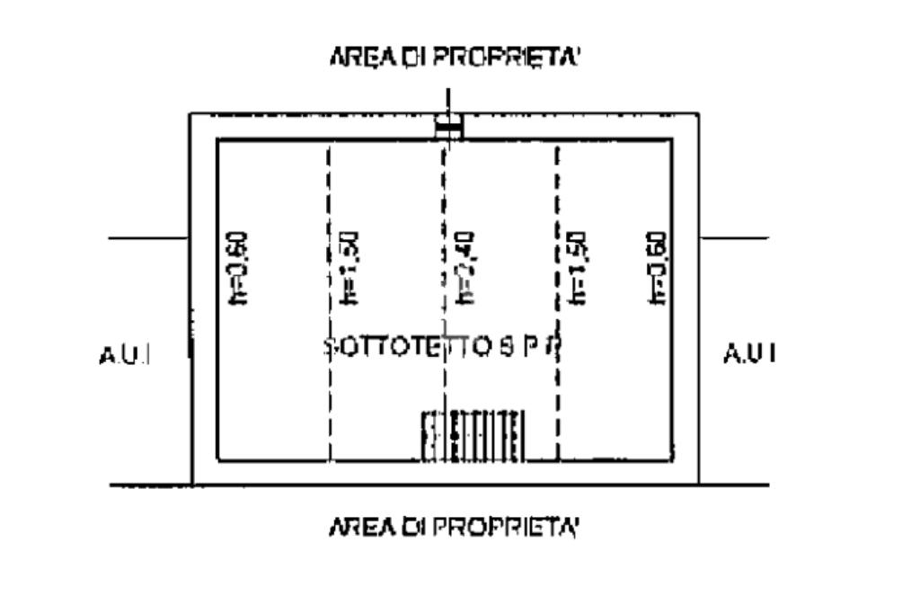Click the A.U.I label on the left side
click(123, 355)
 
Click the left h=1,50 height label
click(351, 268)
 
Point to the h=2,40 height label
click(466, 268)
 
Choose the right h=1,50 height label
click(579, 268)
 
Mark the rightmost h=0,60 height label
click(659, 268)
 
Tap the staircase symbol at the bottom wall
click(473, 435)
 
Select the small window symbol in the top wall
click(448, 127)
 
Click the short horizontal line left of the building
click(147, 238)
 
